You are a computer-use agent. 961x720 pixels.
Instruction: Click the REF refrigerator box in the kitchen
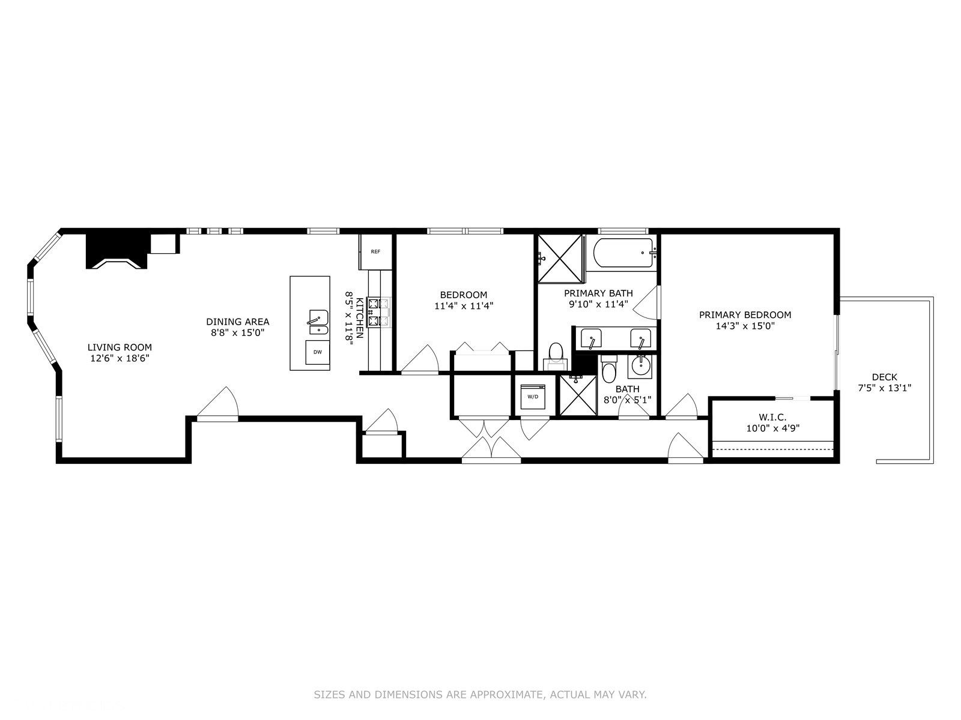(375, 252)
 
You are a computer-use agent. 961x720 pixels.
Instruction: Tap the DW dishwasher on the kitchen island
(317, 352)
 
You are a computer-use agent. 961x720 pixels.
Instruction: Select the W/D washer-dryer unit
(533, 397)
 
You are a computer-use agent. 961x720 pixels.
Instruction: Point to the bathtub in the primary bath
(623, 253)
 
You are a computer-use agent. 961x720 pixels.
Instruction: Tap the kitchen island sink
(318, 323)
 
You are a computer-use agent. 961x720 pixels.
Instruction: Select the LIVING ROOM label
(120, 347)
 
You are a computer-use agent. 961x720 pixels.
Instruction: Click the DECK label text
(884, 377)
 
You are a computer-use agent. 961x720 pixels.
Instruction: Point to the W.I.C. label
(772, 417)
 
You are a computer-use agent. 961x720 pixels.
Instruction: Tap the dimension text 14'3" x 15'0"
(745, 326)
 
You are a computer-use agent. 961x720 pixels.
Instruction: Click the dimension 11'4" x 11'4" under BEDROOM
(464, 305)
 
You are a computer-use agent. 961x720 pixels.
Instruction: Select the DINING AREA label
(237, 322)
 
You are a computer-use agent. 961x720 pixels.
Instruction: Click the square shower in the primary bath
(560, 258)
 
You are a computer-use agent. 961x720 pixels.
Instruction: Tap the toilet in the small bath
(608, 368)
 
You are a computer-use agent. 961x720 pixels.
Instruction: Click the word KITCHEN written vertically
(359, 318)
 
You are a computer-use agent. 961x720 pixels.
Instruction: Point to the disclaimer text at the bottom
(480, 695)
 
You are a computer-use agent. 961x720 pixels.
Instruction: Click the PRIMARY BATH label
(598, 293)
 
